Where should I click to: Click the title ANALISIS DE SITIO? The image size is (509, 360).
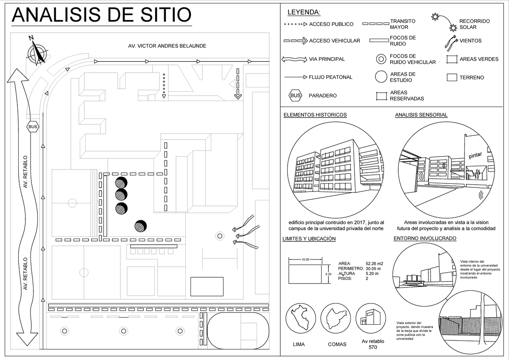click(101, 15)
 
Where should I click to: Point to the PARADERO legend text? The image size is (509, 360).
click(323, 96)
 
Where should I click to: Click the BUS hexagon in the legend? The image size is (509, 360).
click(295, 96)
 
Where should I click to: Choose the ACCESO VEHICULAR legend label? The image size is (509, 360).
click(335, 41)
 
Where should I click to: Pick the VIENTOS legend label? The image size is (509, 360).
click(470, 41)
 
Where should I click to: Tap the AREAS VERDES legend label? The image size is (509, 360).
click(479, 59)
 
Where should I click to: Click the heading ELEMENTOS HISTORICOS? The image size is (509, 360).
click(315, 115)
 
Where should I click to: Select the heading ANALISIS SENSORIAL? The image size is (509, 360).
click(421, 115)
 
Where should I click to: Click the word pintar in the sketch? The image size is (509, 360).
click(475, 156)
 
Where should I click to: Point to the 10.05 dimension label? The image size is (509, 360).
click(305, 259)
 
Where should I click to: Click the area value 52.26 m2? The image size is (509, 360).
click(374, 264)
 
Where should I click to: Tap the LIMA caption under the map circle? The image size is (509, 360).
click(299, 344)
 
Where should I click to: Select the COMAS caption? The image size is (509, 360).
click(337, 344)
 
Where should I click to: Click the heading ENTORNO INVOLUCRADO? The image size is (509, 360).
click(425, 239)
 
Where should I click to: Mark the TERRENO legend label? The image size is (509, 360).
click(472, 78)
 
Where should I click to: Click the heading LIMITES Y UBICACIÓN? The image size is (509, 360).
click(309, 239)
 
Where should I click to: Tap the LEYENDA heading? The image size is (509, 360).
click(304, 12)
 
